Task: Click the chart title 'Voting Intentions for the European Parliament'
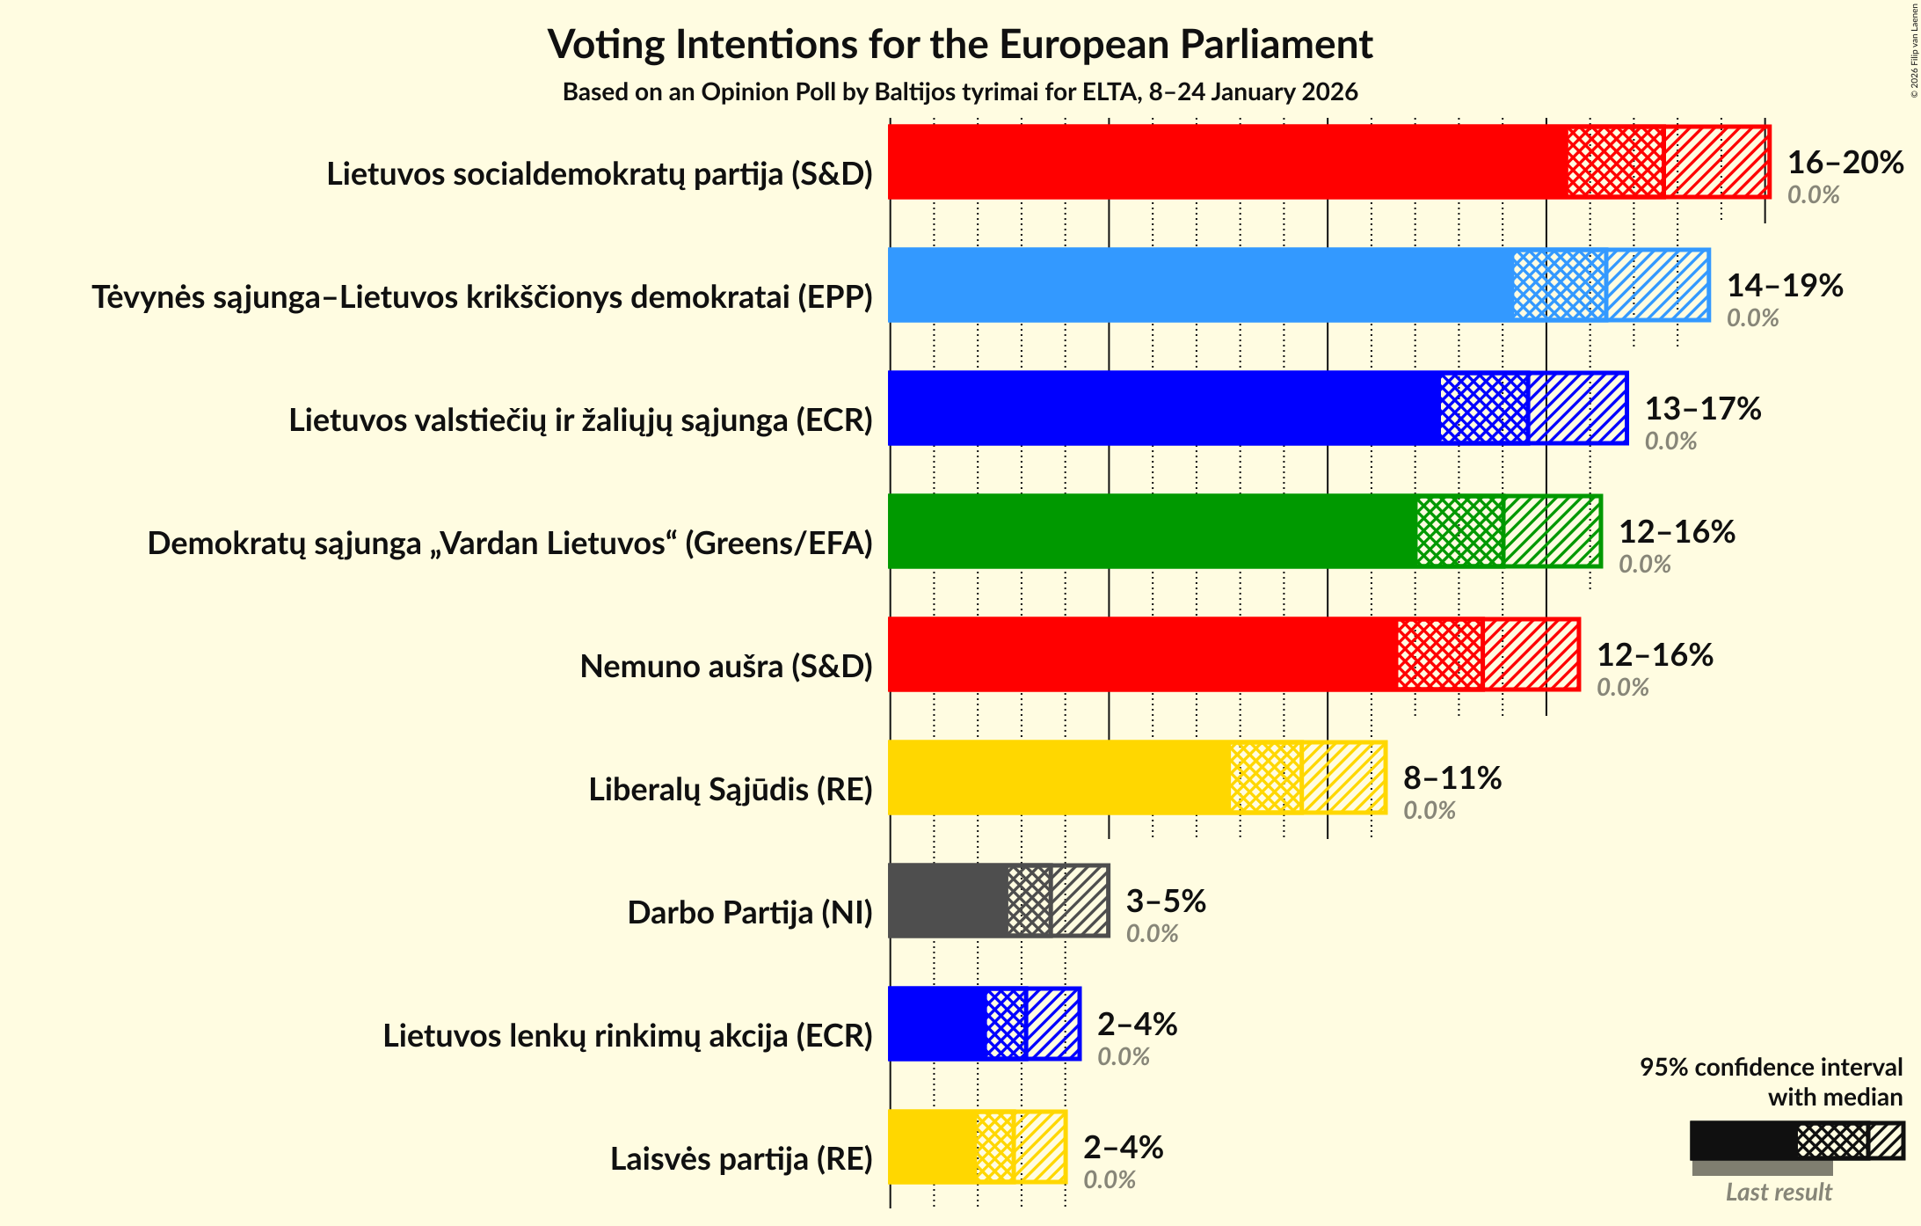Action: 960,45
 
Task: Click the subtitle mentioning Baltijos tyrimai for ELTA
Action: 960,92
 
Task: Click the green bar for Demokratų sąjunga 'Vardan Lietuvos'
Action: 1152,531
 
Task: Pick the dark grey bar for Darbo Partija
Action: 948,901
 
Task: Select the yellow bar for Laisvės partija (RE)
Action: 932,1147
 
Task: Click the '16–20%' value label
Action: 1845,163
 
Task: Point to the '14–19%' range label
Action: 1785,286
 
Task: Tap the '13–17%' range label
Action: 1703,409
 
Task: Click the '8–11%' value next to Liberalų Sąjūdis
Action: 1452,778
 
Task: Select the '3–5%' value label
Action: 1166,901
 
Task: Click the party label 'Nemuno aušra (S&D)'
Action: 726,667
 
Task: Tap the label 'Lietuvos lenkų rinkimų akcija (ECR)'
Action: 628,1036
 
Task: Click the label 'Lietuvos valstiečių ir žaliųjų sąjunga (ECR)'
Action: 580,420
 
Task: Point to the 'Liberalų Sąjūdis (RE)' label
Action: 731,790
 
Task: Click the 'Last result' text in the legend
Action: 1778,1193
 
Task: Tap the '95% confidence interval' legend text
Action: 1771,1068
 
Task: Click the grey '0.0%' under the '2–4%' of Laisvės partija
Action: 1109,1180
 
